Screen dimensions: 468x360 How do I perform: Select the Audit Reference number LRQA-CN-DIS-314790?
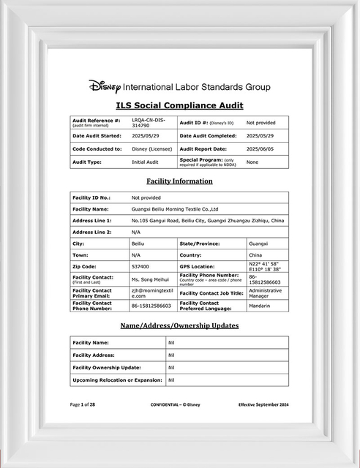tap(149, 122)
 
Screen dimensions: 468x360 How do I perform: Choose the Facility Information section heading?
tap(179, 181)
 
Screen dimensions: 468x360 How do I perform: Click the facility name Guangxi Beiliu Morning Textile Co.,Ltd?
tap(180, 208)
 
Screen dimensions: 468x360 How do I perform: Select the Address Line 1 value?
tap(208, 220)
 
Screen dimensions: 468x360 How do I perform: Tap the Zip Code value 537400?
tap(140, 266)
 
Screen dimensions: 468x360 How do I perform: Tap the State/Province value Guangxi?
tap(258, 243)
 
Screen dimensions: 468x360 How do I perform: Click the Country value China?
tap(255, 254)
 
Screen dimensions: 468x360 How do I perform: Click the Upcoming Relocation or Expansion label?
tap(117, 380)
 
